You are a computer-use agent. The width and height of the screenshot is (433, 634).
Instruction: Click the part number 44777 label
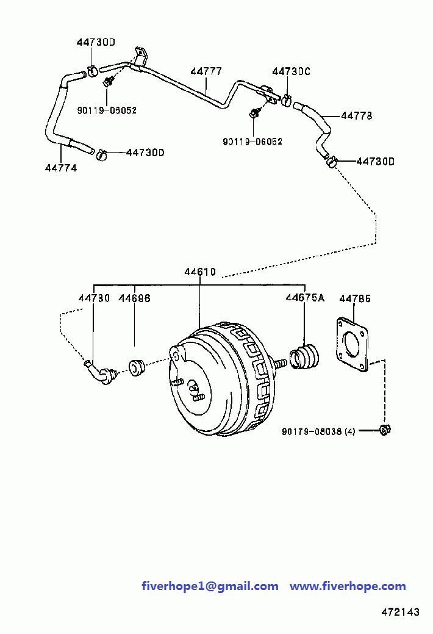coord(206,71)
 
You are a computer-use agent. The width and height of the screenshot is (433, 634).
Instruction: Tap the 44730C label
coord(291,71)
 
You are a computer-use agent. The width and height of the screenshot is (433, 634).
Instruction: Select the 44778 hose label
coord(357,116)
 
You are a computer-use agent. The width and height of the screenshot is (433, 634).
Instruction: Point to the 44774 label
coord(61,168)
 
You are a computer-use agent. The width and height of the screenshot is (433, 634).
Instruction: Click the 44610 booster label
coord(200,272)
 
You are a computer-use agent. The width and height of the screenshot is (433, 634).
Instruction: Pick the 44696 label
coord(135,298)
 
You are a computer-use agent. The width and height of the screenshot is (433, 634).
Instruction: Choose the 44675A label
coord(305,298)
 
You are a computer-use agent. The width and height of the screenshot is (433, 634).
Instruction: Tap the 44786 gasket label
coord(355,299)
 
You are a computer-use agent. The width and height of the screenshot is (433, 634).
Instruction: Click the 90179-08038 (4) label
coord(318,432)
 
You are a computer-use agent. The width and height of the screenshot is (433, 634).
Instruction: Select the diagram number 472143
coord(400,612)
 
